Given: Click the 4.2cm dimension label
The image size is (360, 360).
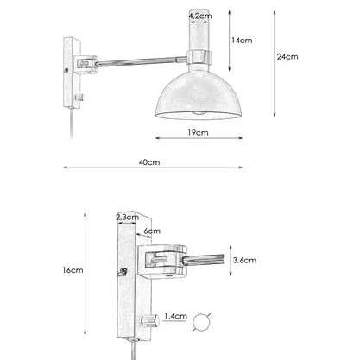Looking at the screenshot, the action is tap(200, 16).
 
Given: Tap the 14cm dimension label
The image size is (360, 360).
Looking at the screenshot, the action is tap(242, 41).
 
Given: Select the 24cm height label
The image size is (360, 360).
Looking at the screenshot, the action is tap(287, 57).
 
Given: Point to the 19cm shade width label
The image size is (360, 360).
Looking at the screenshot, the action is tap(198, 133).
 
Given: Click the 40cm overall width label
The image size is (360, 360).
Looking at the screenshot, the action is tap(149, 162).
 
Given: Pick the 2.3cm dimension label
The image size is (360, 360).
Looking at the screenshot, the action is tap(128, 218).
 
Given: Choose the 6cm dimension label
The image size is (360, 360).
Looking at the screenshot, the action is tap(152, 231).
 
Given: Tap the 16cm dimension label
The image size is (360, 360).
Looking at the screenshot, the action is tap(73, 270).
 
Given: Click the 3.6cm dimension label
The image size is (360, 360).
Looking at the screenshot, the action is tap(244, 260).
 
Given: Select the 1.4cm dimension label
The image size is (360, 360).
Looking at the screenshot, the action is tap(176, 316).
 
